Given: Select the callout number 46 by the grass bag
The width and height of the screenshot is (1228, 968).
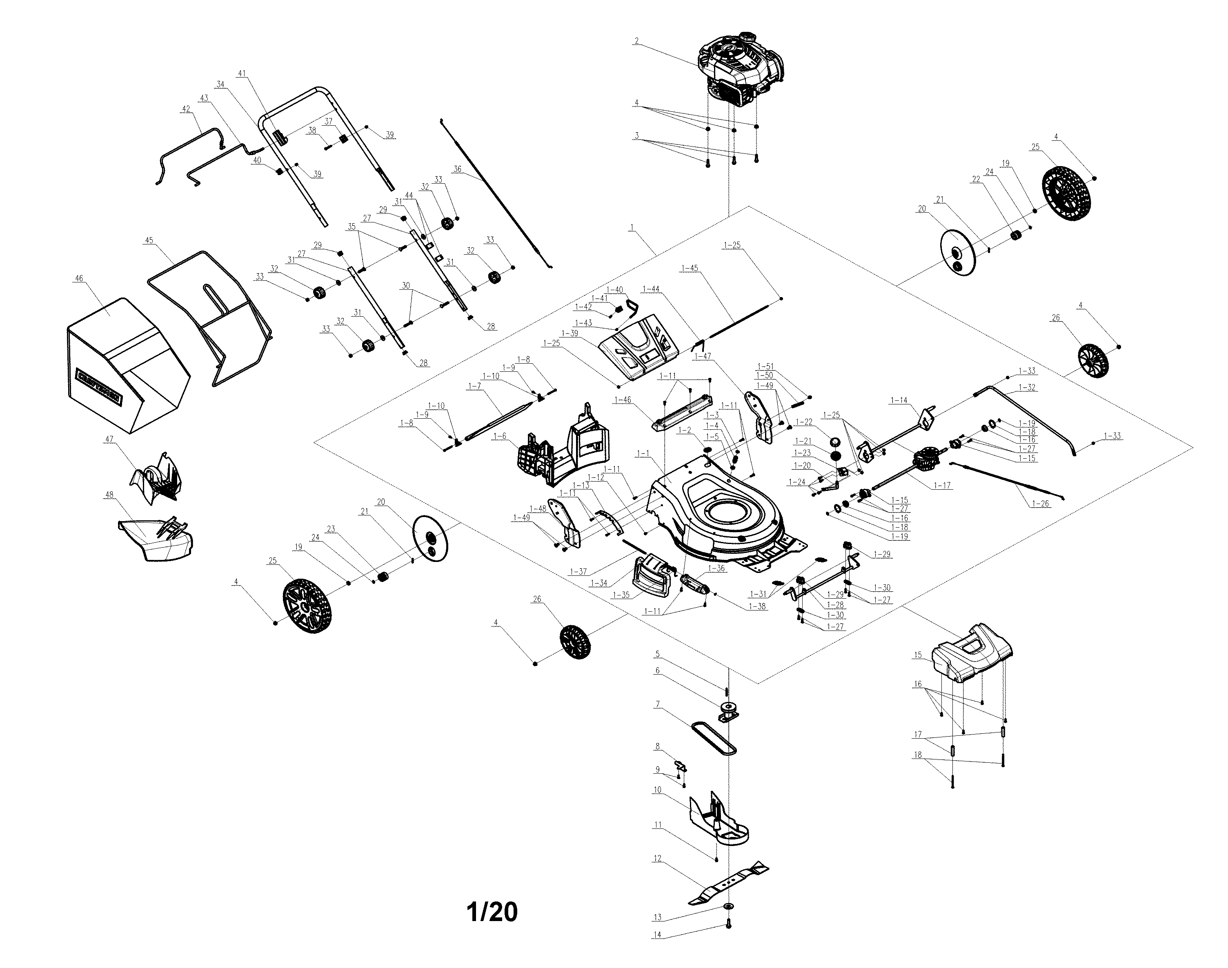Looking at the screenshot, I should tap(79, 278).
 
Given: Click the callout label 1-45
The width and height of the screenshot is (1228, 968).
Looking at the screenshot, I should tap(690, 268).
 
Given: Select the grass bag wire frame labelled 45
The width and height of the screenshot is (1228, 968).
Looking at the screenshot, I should tap(210, 317).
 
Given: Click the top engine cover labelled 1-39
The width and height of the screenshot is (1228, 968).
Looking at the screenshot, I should tap(638, 345).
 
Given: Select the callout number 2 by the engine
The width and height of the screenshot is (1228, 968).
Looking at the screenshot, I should tap(637, 41).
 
